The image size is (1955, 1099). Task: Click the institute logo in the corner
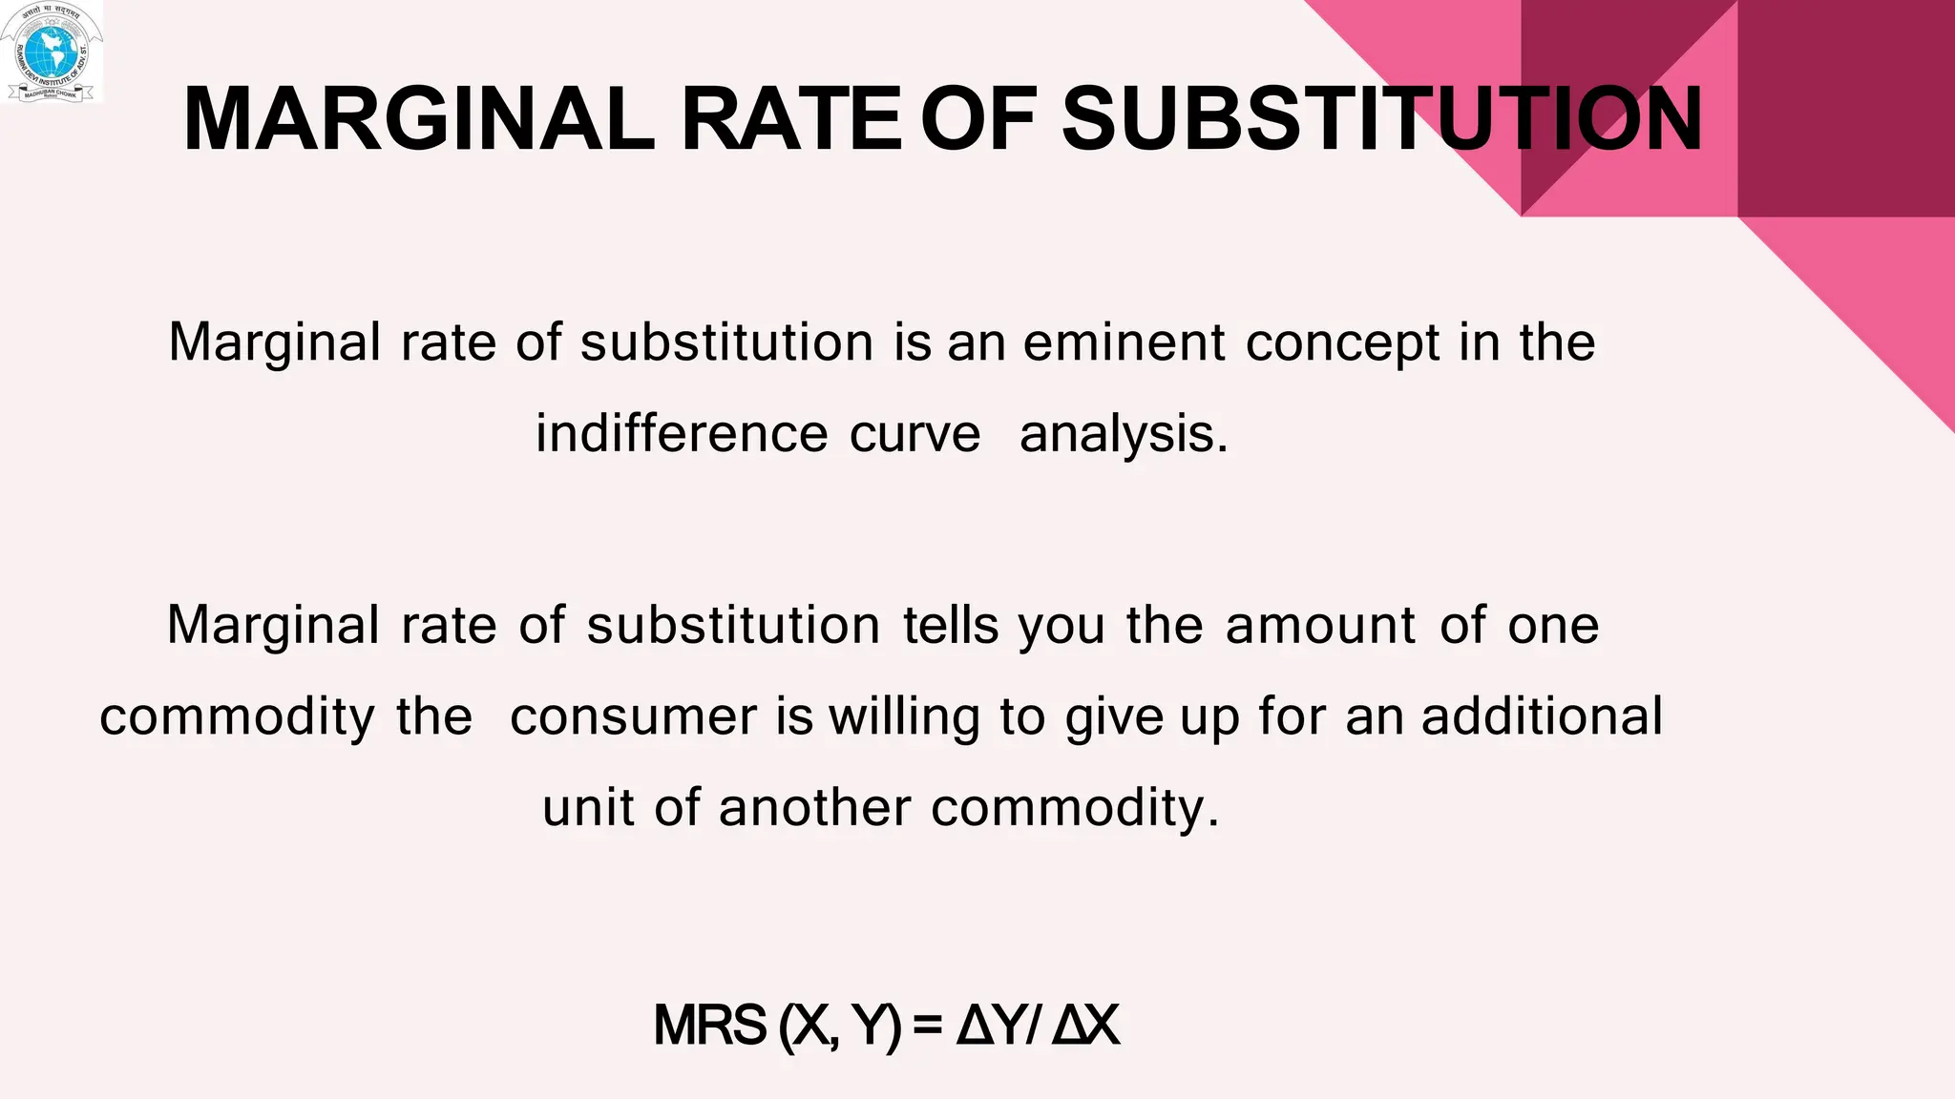pos(52,52)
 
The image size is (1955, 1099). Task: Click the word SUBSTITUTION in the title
pos(1381,119)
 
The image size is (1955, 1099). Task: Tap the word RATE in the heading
pos(790,119)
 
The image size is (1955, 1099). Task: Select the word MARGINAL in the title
pos(418,119)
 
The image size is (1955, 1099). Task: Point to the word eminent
pos(1124,342)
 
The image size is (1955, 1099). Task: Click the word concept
pos(1342,344)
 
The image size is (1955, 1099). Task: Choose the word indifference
pos(681,434)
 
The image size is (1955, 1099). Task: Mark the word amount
pos(1321,627)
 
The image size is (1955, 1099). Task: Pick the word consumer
pos(633,717)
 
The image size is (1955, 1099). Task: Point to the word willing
pos(904,718)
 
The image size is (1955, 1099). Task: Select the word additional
pos(1542,716)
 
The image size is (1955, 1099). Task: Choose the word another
pos(814,808)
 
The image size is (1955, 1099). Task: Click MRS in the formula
pos(709,1026)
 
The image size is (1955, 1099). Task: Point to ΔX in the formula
pos(1085,1026)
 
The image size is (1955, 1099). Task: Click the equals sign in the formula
pos(927,1026)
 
